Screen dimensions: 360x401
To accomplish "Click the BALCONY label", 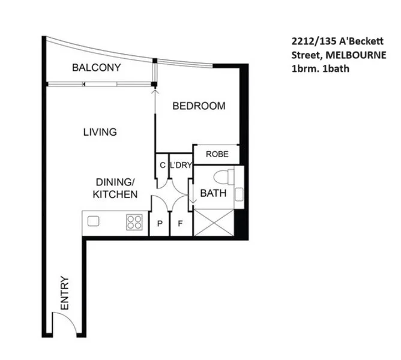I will (x=96, y=67).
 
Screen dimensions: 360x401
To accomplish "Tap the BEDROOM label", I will (x=199, y=106).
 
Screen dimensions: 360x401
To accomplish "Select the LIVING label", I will (x=100, y=132).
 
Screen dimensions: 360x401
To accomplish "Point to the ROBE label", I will (x=216, y=154).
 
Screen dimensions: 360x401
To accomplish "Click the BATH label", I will (x=213, y=193).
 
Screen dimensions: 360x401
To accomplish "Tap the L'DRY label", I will (x=180, y=165).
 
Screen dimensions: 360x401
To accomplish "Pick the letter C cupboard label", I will (x=162, y=165).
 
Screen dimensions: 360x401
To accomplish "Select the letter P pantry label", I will (x=160, y=225).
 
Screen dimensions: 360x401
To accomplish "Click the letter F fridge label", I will (x=179, y=225).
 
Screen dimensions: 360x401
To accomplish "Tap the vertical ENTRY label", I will (x=65, y=293).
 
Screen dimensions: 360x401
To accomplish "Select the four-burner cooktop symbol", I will (x=134, y=222).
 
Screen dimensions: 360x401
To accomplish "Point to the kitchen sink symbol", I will (x=93, y=221).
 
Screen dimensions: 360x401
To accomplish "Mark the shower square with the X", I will (x=213, y=222).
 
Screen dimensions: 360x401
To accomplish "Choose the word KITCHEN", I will (x=115, y=194).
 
